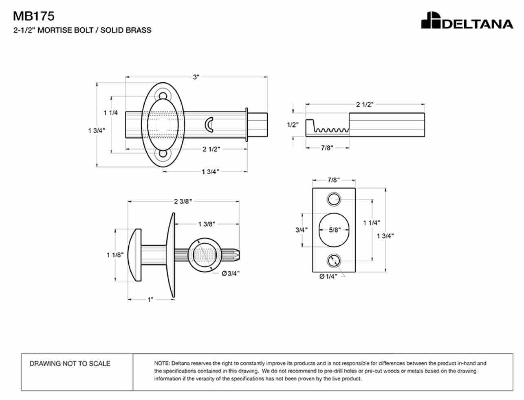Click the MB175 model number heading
(x=34, y=16)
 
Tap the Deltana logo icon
(x=431, y=20)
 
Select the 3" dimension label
(x=196, y=77)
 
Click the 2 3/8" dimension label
(x=183, y=202)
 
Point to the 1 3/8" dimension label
(x=207, y=224)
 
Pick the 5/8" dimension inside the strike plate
(x=335, y=230)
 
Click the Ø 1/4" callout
(x=328, y=276)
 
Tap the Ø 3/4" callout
(x=231, y=273)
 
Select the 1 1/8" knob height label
(x=115, y=255)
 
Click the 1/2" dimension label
(x=293, y=125)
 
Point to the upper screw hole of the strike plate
(x=334, y=199)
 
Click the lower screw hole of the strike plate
(x=334, y=261)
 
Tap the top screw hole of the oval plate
(x=163, y=96)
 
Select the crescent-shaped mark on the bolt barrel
(x=209, y=125)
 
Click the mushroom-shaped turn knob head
(x=134, y=255)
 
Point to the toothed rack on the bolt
(x=331, y=130)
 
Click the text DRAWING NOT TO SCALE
(x=70, y=363)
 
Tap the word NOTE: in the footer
(x=162, y=363)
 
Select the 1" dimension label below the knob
(x=150, y=299)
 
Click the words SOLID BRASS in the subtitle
(x=126, y=30)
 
